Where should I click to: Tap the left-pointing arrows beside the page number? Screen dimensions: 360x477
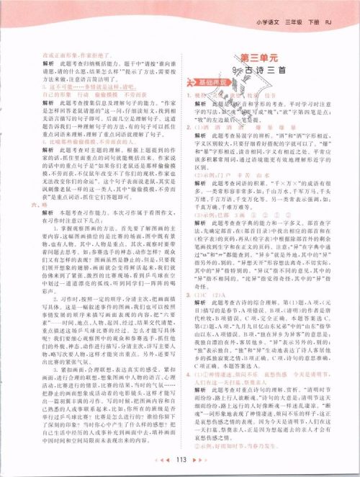[162, 459]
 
